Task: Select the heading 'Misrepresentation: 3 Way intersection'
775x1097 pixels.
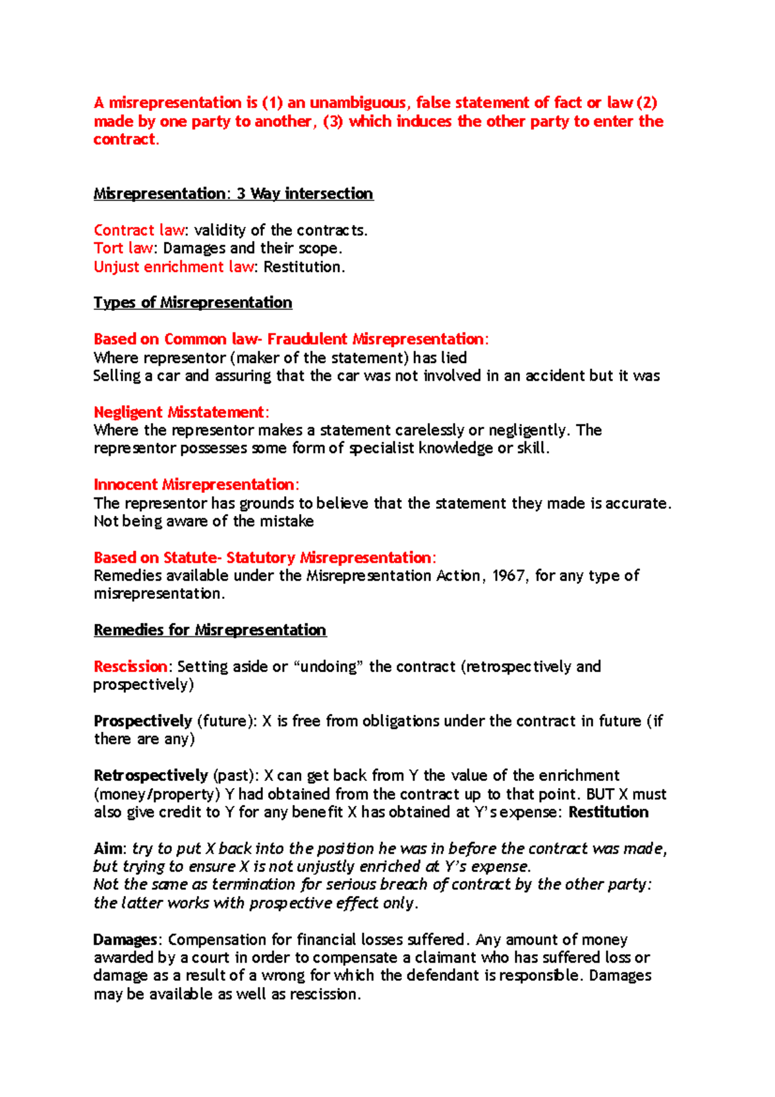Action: click(x=233, y=194)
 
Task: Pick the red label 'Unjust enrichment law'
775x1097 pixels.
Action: click(x=174, y=267)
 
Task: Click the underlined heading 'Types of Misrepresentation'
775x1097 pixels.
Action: click(x=192, y=302)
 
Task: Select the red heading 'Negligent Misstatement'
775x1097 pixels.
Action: click(x=179, y=412)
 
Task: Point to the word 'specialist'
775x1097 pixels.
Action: click(x=382, y=448)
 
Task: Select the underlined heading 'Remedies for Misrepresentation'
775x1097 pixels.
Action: click(x=210, y=630)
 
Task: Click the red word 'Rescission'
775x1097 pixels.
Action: click(x=130, y=667)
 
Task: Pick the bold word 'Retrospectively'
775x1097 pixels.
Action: click(x=150, y=775)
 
